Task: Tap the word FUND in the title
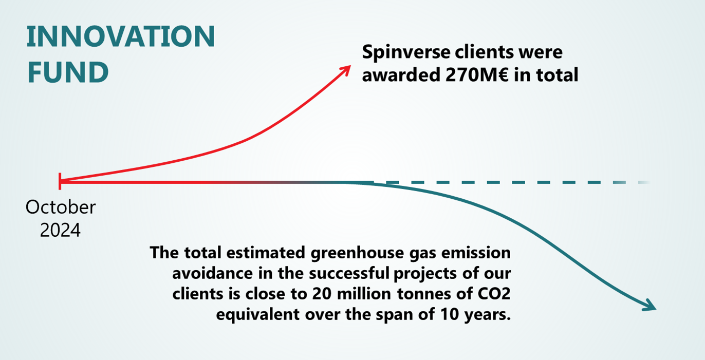67,72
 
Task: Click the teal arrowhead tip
656,309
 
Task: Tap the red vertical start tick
61,181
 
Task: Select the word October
61,207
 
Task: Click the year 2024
61,230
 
